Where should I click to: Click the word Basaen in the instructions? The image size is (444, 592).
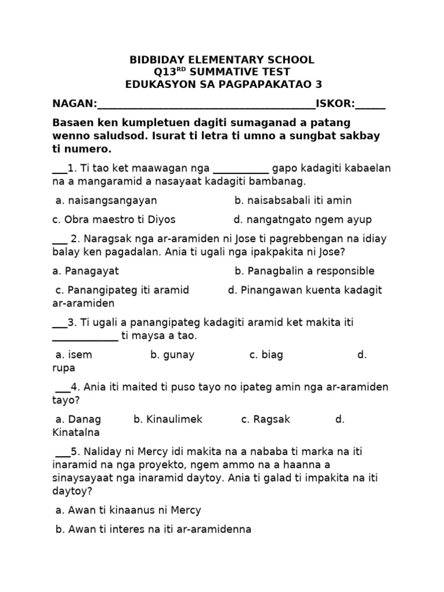72,123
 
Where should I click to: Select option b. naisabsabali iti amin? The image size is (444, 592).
293,201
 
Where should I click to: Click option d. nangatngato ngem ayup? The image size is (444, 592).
302,220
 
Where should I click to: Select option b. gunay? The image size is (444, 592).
172,355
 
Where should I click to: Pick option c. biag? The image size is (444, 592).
266,355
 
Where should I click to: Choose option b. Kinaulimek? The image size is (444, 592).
168,420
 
